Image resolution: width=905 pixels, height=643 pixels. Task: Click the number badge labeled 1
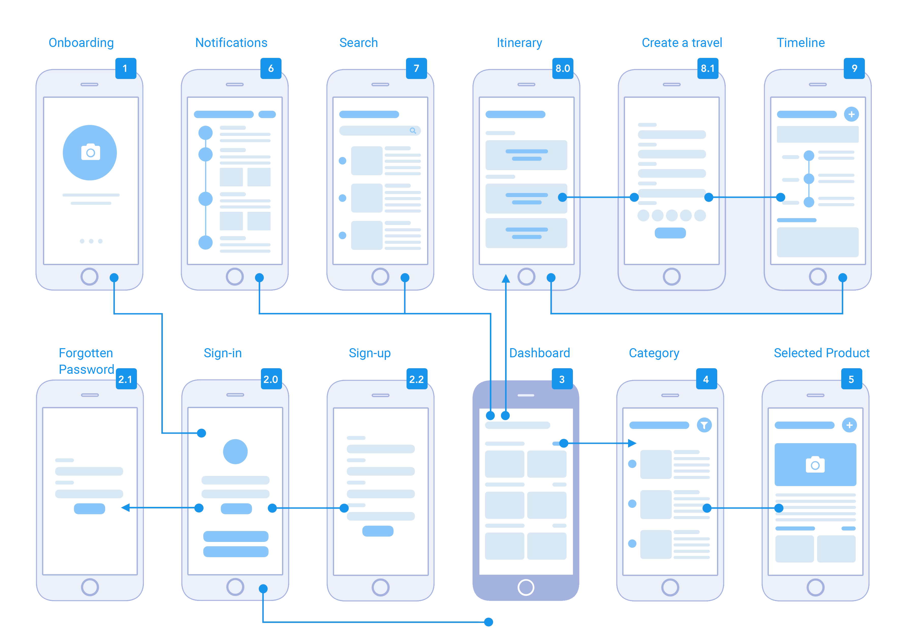pyautogui.click(x=126, y=69)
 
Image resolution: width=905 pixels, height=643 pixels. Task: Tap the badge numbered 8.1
pyautogui.click(x=707, y=69)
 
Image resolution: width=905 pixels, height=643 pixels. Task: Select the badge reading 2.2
pyautogui.click(x=417, y=379)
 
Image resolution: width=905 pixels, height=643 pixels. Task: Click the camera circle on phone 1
pyautogui.click(x=90, y=153)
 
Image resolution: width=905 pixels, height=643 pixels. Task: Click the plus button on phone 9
pyautogui.click(x=851, y=115)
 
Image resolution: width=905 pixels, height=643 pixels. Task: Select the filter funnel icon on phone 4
pyautogui.click(x=704, y=425)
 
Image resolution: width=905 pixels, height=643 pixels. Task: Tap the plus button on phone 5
pyautogui.click(x=849, y=425)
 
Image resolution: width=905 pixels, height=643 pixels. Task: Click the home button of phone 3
pyautogui.click(x=526, y=587)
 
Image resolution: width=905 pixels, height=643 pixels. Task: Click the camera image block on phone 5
pyautogui.click(x=815, y=464)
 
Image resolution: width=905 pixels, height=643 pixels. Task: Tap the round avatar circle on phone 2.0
pyautogui.click(x=235, y=451)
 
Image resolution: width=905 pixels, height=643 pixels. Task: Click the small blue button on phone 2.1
pyautogui.click(x=89, y=509)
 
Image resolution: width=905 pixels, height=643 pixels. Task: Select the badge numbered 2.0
pyautogui.click(x=271, y=379)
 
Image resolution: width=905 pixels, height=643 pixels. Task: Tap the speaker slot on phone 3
pyautogui.click(x=526, y=395)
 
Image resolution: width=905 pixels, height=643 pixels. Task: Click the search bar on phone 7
pyautogui.click(x=379, y=131)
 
